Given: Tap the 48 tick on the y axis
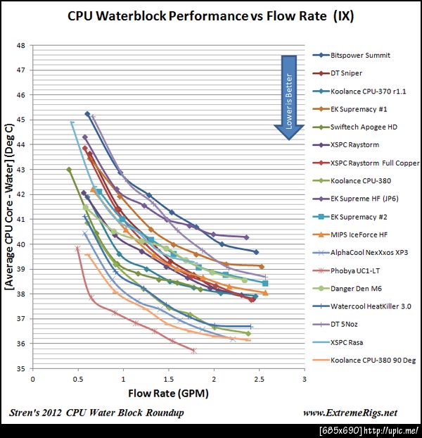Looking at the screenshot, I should [x=20, y=46].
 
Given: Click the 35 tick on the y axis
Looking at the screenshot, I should [x=20, y=369].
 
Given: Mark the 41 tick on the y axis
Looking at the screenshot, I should [x=20, y=220].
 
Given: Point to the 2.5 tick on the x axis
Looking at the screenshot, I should [x=259, y=379].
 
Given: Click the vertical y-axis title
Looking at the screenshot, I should [x=11, y=207].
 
